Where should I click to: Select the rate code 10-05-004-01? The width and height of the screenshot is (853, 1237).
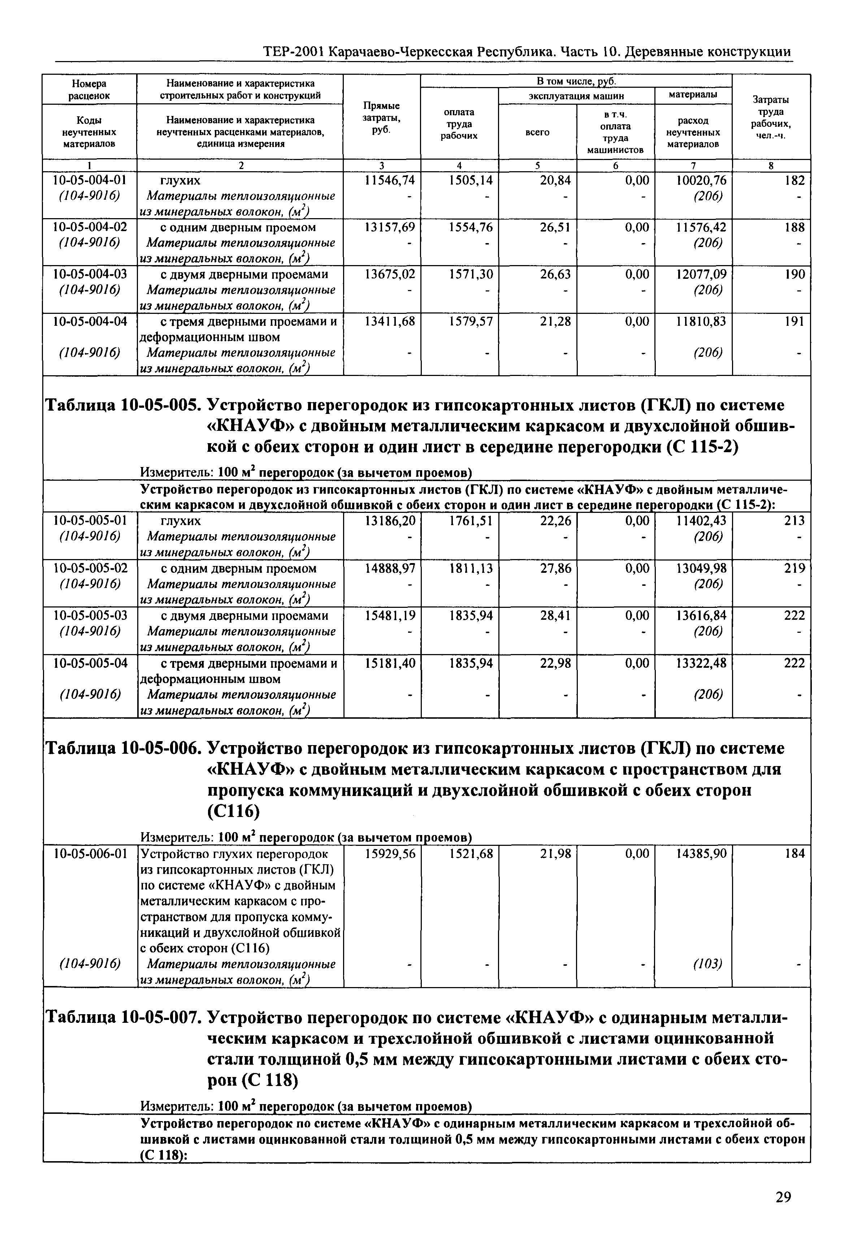(90, 180)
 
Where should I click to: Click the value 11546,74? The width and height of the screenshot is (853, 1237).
(389, 180)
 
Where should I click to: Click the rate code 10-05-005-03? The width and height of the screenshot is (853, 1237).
(90, 615)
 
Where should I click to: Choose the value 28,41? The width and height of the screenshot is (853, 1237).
(555, 615)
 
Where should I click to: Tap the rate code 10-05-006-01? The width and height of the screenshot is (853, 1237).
(90, 854)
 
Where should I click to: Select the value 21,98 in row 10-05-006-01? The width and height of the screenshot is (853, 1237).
(555, 854)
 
